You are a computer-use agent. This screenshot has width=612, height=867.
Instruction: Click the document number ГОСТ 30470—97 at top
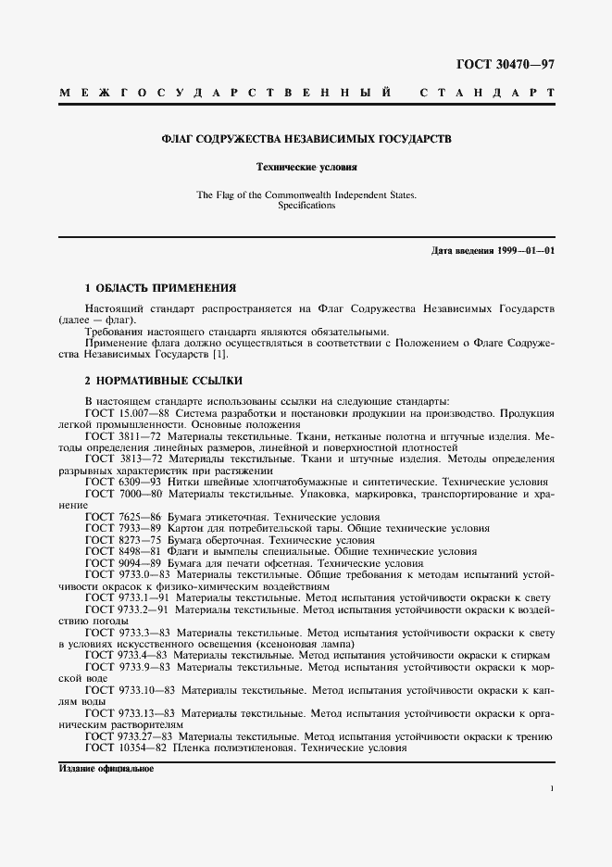505,64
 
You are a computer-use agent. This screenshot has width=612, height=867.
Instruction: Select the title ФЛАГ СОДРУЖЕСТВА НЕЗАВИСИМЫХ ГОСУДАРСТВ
306,139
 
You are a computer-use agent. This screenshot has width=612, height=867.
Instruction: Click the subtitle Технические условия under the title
306,168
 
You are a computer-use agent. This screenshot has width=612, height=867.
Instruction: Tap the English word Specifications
306,206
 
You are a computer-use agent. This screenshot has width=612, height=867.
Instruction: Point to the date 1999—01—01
525,252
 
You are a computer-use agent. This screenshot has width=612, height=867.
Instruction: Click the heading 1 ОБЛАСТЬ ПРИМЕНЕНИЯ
160,288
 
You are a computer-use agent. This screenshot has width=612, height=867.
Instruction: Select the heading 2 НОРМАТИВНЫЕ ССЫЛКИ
164,381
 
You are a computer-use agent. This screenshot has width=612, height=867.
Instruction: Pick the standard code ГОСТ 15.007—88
126,412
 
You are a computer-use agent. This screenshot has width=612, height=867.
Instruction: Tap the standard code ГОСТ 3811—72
120,435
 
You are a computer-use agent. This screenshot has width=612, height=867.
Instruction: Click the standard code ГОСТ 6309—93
120,482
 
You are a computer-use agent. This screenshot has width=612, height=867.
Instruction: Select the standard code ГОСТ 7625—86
120,517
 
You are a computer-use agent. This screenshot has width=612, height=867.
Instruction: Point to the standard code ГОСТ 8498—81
120,551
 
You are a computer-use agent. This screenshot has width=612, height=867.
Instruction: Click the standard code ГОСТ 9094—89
120,563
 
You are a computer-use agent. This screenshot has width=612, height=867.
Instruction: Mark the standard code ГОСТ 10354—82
123,748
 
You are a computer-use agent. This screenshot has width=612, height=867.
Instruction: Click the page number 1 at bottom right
552,788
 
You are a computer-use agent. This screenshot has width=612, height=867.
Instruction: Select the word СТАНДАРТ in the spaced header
487,94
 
